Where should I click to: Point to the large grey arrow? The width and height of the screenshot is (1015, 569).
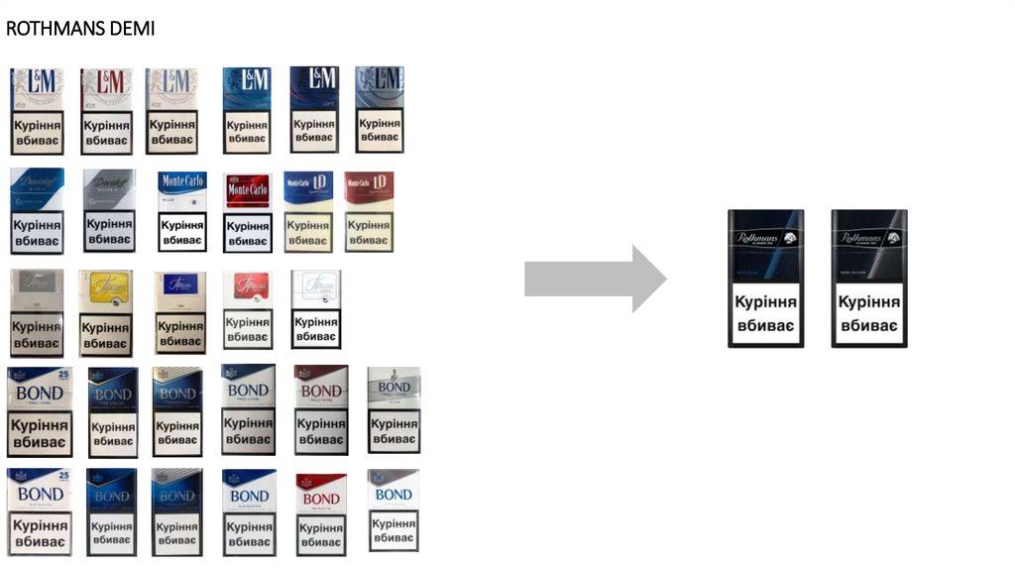(x=594, y=279)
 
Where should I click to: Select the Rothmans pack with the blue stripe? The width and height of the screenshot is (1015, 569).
(x=765, y=279)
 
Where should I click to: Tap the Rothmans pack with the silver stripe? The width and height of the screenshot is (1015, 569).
(x=869, y=279)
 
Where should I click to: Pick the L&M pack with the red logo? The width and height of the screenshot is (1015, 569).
(x=106, y=110)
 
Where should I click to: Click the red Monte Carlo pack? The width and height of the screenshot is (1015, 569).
(x=248, y=212)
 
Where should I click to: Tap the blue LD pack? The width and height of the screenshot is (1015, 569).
(x=308, y=211)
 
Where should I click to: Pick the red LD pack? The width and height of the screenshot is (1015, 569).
(x=369, y=211)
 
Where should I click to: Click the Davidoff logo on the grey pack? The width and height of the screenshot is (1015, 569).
(x=107, y=184)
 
